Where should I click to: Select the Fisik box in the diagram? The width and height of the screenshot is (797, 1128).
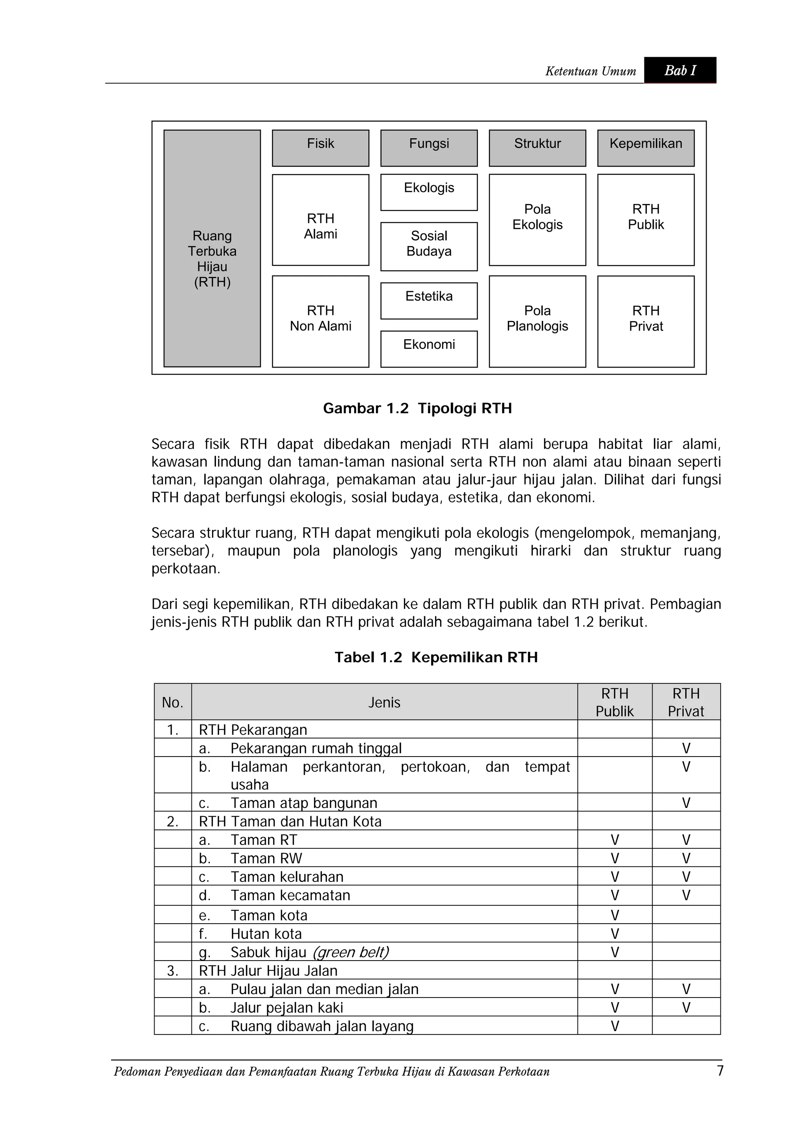pos(320,148)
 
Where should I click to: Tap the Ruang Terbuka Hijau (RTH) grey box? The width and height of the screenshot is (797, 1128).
pos(212,248)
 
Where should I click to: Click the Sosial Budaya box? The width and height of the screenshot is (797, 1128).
pos(429,246)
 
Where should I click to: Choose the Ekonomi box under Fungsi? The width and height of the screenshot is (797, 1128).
pos(429,348)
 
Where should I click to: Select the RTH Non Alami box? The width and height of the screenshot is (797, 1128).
pos(320,321)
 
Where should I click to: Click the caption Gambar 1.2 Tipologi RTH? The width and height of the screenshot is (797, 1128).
pos(418,408)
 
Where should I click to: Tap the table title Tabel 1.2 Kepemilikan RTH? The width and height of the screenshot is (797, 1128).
pos(436,657)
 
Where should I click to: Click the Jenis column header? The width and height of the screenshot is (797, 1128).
pos(384,702)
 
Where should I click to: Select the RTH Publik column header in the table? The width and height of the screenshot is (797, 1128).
pos(614,702)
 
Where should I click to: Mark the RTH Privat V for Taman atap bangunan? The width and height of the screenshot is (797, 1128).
pos(686,803)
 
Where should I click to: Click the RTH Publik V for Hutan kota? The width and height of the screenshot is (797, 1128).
pos(614,934)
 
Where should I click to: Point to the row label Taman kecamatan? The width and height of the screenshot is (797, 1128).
pos(290,896)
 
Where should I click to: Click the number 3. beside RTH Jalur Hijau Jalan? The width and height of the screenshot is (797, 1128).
pos(172,971)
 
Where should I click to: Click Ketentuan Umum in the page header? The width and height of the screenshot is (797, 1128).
pos(590,72)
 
